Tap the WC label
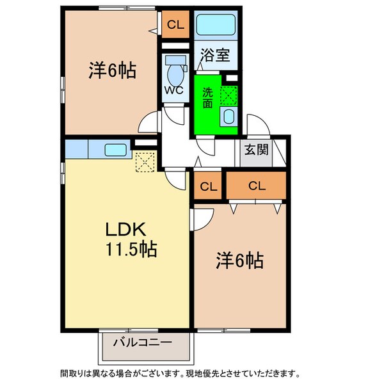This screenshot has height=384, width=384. (x=173, y=90)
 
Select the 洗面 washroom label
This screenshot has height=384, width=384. (x=207, y=98)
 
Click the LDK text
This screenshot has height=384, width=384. (x=126, y=229)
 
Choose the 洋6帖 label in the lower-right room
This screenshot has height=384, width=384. (x=240, y=261)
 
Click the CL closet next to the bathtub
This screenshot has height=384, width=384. (x=174, y=26)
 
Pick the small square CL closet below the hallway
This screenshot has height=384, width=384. (x=208, y=187)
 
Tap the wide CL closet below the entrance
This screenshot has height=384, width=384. (x=257, y=186)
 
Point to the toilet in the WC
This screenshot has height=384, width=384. (x=174, y=67)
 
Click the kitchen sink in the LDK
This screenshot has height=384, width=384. (x=115, y=150)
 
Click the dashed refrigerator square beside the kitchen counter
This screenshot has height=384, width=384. (x=145, y=163)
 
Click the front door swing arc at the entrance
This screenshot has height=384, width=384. (x=255, y=125)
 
